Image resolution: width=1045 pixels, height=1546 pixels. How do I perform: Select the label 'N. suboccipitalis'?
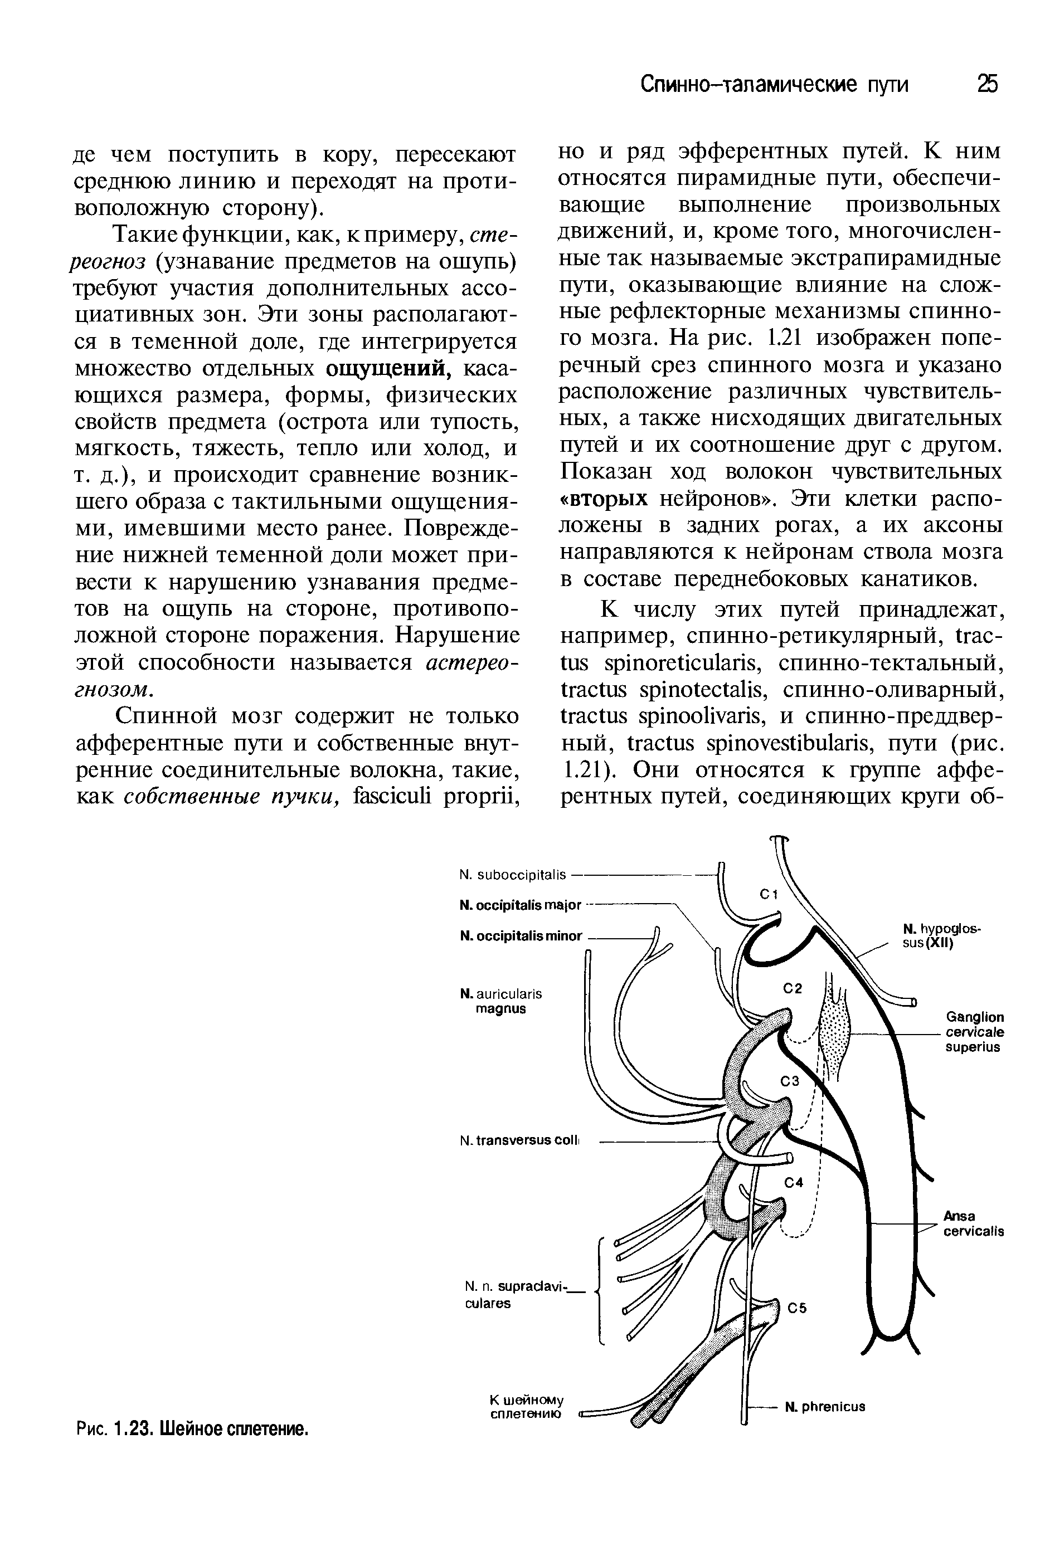coord(513,874)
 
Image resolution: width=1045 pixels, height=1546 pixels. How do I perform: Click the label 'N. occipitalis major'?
coord(521,905)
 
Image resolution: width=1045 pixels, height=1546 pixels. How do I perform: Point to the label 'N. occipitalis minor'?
coord(521,936)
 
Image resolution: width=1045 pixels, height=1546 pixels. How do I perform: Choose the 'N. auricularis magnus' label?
coord(501,1001)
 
